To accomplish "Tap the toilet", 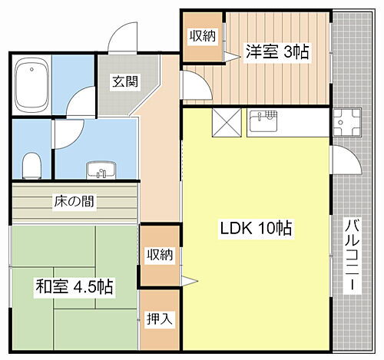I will click(x=31, y=163).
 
